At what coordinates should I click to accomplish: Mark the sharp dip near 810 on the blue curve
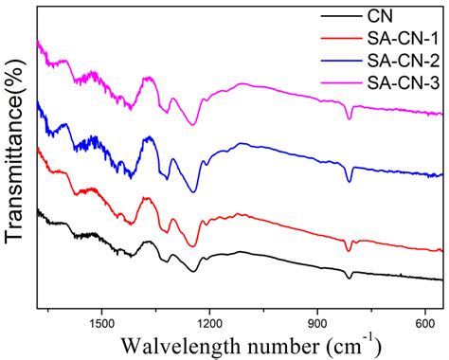click(x=350, y=181)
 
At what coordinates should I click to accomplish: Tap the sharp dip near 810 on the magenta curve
click(x=350, y=118)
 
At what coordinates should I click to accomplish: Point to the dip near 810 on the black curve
click(x=350, y=278)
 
